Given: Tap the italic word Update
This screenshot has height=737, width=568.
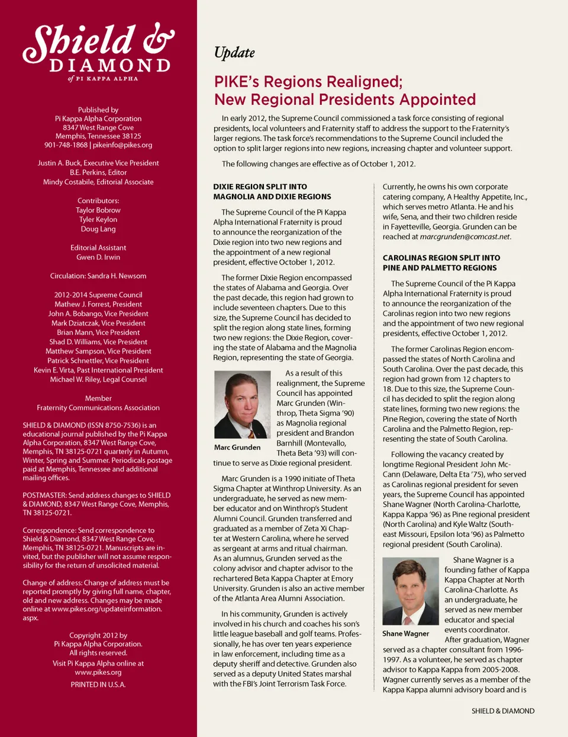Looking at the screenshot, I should click(234, 53).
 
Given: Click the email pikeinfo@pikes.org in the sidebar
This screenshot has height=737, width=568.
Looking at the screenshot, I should click(122, 145).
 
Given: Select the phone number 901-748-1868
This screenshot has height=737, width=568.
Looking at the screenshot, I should click(66, 145).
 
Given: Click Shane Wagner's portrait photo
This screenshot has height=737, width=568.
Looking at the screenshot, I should click(411, 591).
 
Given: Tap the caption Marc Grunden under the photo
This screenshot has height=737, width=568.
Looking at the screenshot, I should click(237, 448).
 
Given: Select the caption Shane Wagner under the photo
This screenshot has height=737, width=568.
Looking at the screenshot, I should click(406, 633).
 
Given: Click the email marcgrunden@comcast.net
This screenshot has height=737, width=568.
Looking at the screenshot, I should click(464, 237).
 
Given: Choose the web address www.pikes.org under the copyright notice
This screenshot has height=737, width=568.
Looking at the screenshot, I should click(98, 672).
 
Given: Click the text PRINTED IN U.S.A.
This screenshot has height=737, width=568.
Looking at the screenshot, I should click(98, 685).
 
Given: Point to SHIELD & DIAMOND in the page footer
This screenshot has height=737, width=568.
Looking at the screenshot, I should click(503, 711).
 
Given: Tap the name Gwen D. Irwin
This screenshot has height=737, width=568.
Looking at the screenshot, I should click(98, 258).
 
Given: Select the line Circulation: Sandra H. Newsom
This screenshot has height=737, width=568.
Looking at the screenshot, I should click(98, 276).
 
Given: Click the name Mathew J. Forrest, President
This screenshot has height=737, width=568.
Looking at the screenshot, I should click(98, 304).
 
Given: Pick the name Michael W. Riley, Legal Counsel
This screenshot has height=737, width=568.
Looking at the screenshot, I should click(98, 379).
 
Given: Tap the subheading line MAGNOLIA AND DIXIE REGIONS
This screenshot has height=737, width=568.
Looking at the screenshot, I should click(272, 197).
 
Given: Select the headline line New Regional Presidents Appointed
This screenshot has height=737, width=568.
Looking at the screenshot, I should click(345, 99).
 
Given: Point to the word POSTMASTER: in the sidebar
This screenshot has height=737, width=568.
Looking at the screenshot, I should click(44, 495).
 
